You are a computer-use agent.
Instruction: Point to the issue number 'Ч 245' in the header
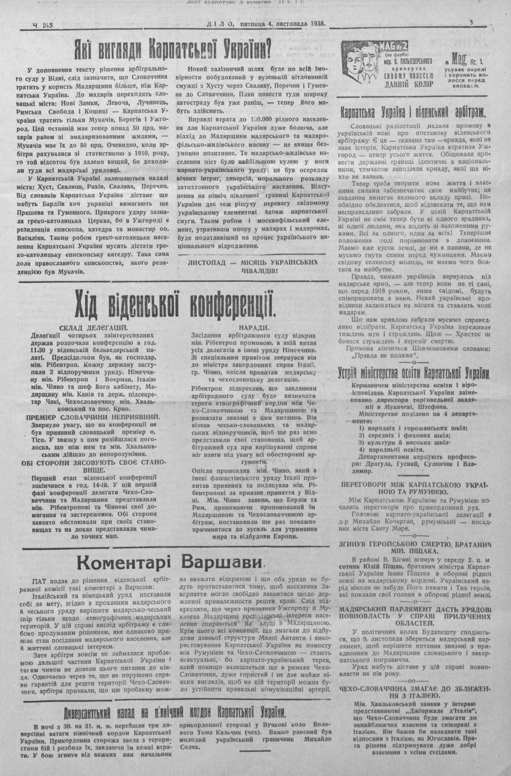click(x=43, y=25)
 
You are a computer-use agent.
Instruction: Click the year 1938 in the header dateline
click(x=315, y=23)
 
